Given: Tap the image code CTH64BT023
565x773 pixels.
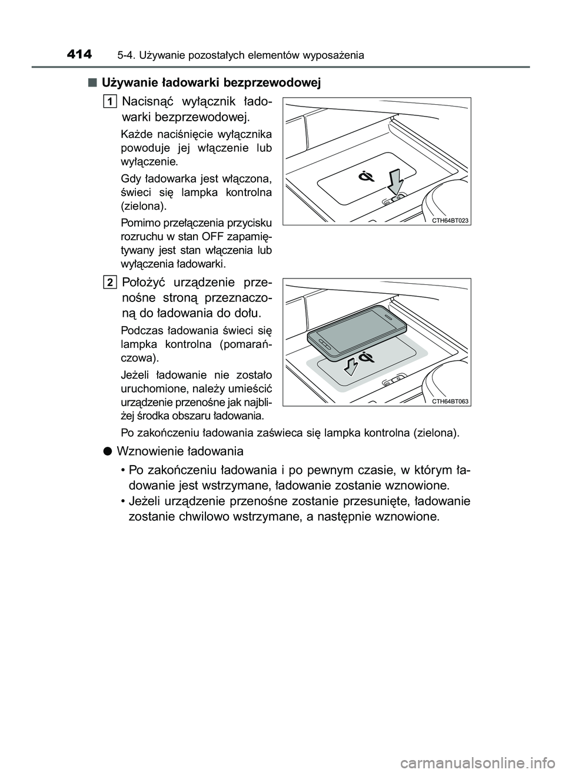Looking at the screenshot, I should click(450, 220).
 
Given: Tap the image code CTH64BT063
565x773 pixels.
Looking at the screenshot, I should click(450, 401).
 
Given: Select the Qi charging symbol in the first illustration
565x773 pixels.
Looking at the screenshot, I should click(367, 176).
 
